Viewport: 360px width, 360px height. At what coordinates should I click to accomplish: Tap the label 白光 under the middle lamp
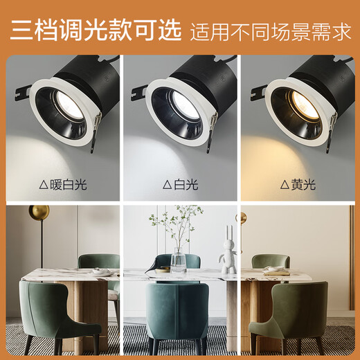[184, 185]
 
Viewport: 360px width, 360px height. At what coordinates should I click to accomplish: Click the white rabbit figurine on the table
[227, 258]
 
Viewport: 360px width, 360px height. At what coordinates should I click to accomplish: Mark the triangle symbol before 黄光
[285, 185]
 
